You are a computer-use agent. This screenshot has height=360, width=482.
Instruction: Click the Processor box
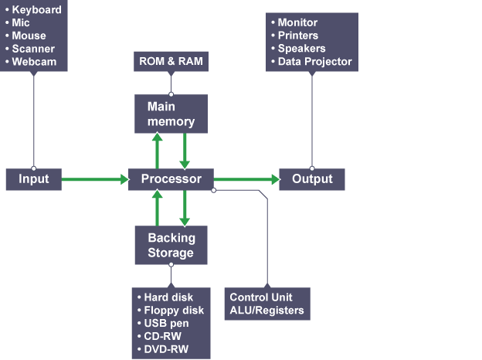[x=171, y=179]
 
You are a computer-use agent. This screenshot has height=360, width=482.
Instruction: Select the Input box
[x=33, y=179]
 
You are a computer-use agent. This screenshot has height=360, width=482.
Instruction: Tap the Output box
[x=312, y=179]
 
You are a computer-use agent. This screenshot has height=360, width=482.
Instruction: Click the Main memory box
[x=171, y=114]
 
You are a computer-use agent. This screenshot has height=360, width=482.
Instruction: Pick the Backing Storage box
[x=171, y=245]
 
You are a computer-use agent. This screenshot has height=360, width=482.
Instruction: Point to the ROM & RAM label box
[x=171, y=61]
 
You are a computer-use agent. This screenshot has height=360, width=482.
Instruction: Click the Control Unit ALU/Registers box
[x=267, y=304]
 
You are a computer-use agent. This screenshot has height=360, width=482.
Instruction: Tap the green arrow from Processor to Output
[x=246, y=179]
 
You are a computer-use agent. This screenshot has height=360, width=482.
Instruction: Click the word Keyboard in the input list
[x=37, y=11]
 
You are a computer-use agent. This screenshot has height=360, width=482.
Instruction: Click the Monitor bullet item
[x=297, y=23]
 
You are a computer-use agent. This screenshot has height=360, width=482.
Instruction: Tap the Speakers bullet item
[x=301, y=49]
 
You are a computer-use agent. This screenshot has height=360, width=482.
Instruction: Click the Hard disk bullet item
[x=168, y=297]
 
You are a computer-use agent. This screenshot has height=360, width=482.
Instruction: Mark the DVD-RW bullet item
[x=166, y=349]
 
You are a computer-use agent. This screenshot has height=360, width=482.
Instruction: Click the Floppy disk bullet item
[x=173, y=310]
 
